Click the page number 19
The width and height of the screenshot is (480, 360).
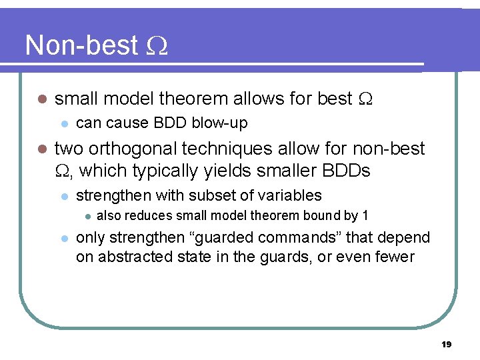tap(446, 344)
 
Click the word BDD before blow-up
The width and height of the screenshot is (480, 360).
tap(171, 123)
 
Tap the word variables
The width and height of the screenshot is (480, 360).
tap(290, 195)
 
